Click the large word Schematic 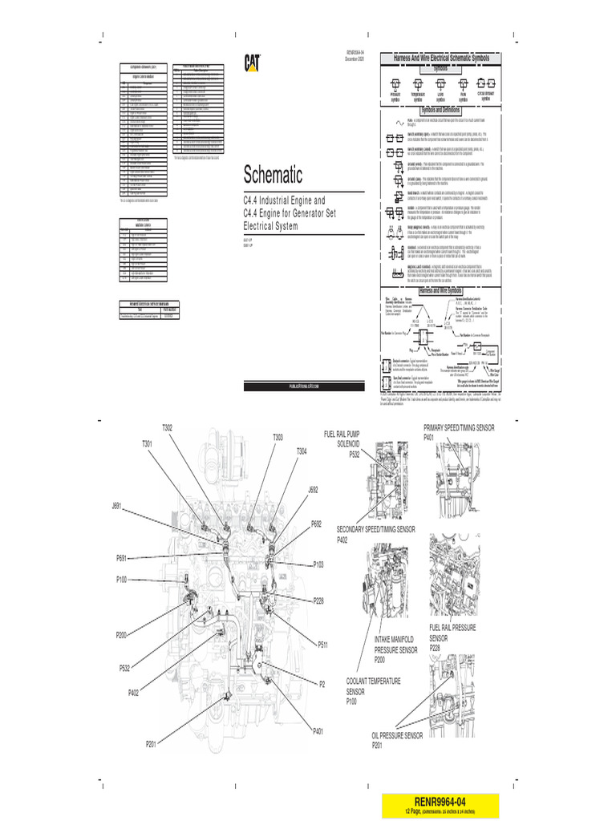(x=274, y=175)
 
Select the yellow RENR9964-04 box (x=440, y=803)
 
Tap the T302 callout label (x=168, y=429)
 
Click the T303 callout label (x=278, y=438)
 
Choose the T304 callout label (x=301, y=452)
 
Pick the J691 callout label (x=117, y=506)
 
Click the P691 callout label (x=121, y=558)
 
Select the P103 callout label (x=319, y=565)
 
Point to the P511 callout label (x=322, y=644)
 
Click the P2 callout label (x=322, y=684)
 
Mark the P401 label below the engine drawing (x=318, y=731)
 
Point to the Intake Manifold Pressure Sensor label (x=394, y=649)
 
